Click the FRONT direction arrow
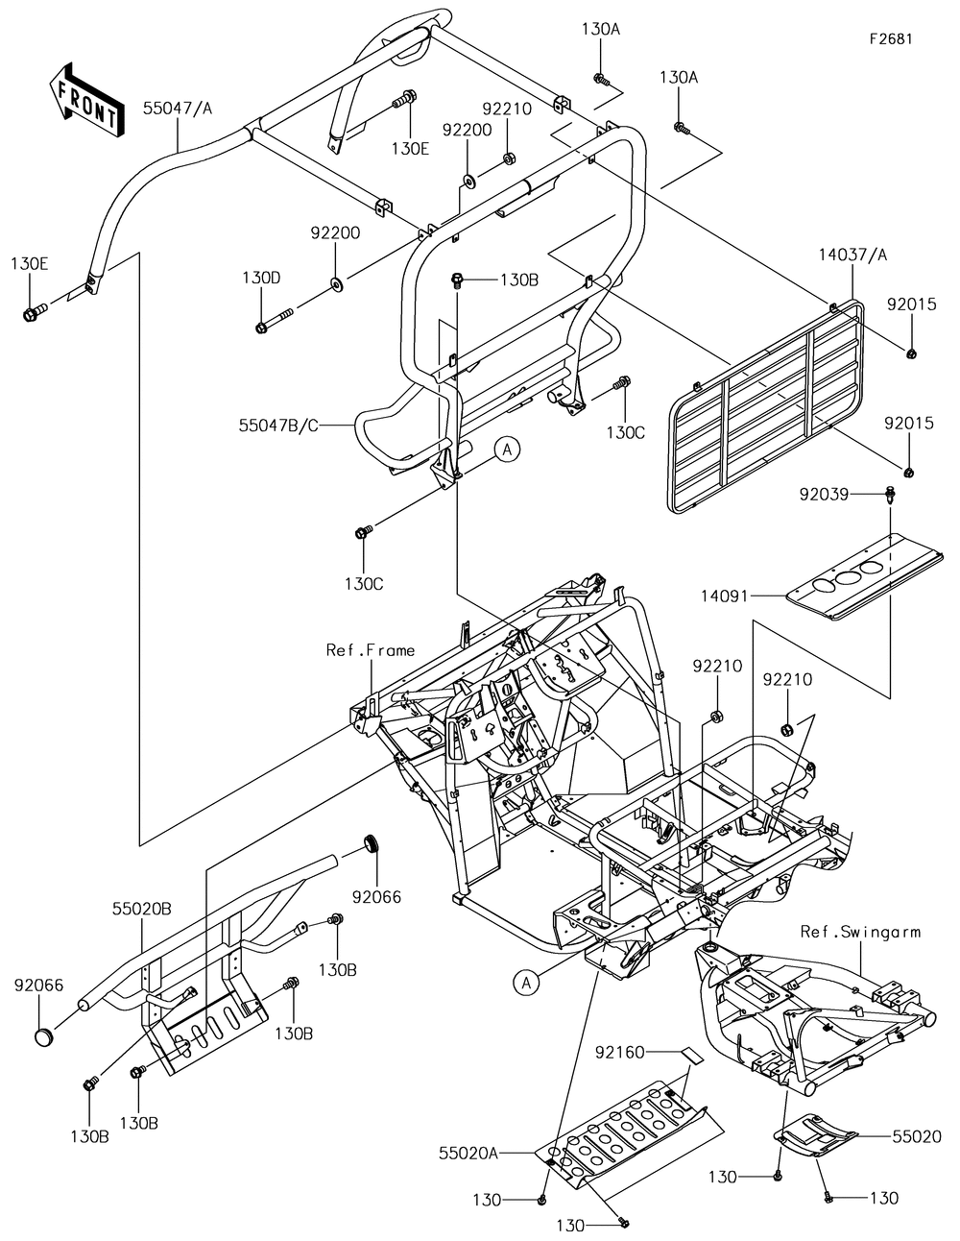click(86, 101)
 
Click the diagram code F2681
click(891, 38)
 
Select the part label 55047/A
click(177, 109)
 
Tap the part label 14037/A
click(852, 255)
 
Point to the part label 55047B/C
click(278, 426)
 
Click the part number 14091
click(724, 596)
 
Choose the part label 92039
click(824, 495)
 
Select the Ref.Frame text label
click(371, 650)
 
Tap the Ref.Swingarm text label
click(861, 932)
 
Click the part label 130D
click(261, 279)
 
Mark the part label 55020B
click(141, 909)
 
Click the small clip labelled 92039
click(890, 495)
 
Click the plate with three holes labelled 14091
click(864, 576)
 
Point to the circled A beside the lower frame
click(526, 983)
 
